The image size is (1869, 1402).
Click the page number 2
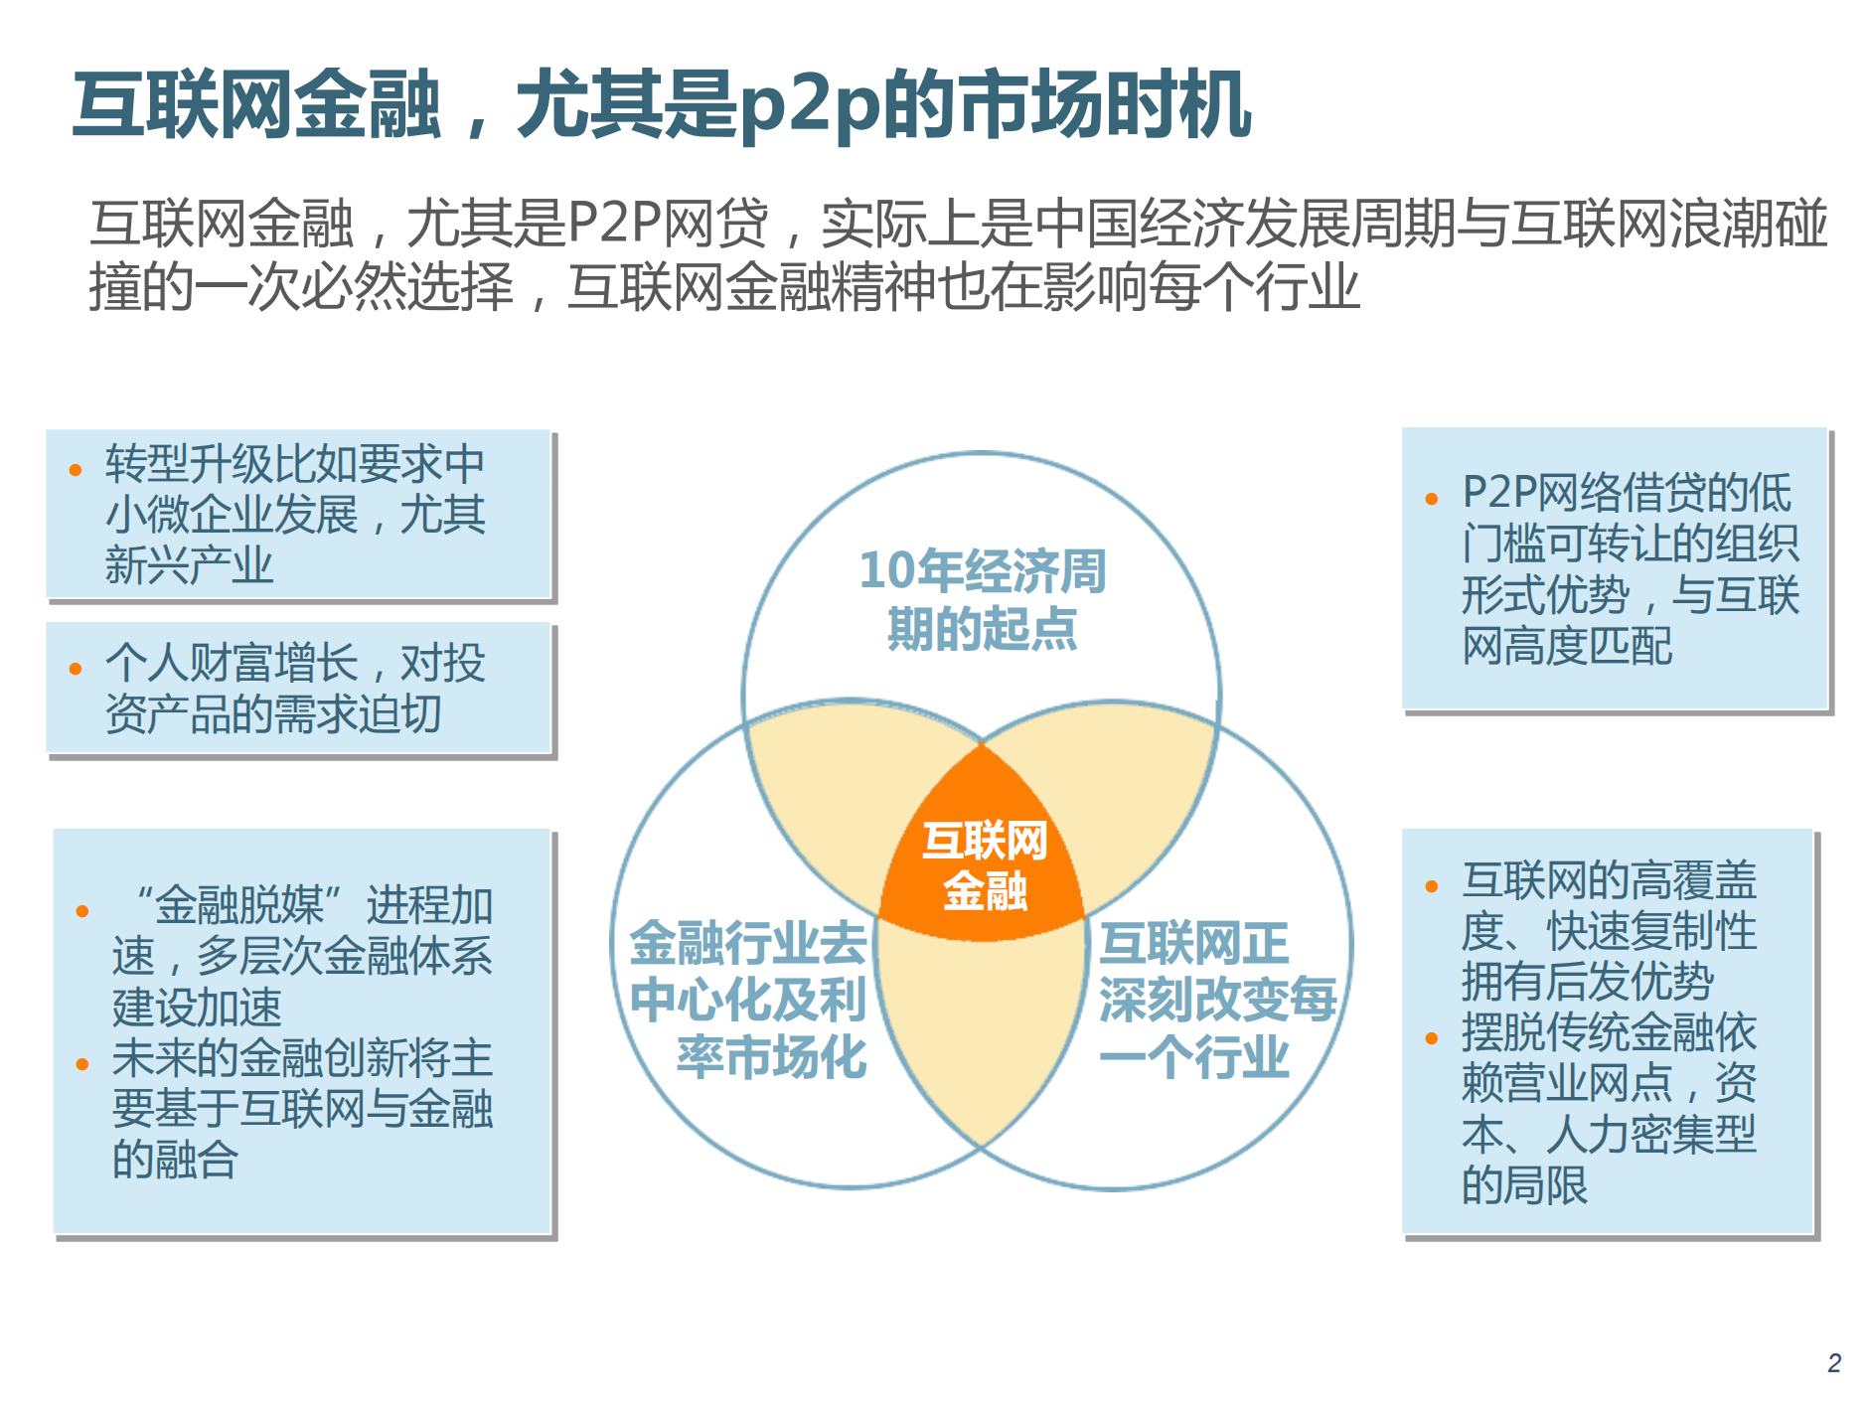click(x=1833, y=1362)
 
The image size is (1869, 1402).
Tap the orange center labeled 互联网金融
click(x=984, y=864)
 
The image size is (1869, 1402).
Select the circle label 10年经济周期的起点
click(x=982, y=599)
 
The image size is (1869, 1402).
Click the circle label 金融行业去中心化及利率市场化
click(x=750, y=999)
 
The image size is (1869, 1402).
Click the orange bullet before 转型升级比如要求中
click(x=76, y=470)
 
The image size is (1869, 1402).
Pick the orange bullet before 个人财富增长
click(x=76, y=669)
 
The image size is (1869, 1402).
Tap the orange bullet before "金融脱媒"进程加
click(x=82, y=911)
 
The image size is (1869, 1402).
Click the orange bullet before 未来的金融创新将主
click(x=82, y=1064)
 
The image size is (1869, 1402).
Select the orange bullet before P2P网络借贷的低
click(x=1431, y=499)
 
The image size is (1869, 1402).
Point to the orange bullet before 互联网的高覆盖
click(x=1431, y=886)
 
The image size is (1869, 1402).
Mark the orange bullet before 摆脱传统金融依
click(x=1431, y=1038)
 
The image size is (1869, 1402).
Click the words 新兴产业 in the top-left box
click(x=189, y=565)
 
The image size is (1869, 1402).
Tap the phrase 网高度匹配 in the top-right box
click(x=1567, y=646)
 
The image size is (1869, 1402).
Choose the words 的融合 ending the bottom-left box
click(x=175, y=1159)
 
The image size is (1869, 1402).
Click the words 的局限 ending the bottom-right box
click(x=1524, y=1184)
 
